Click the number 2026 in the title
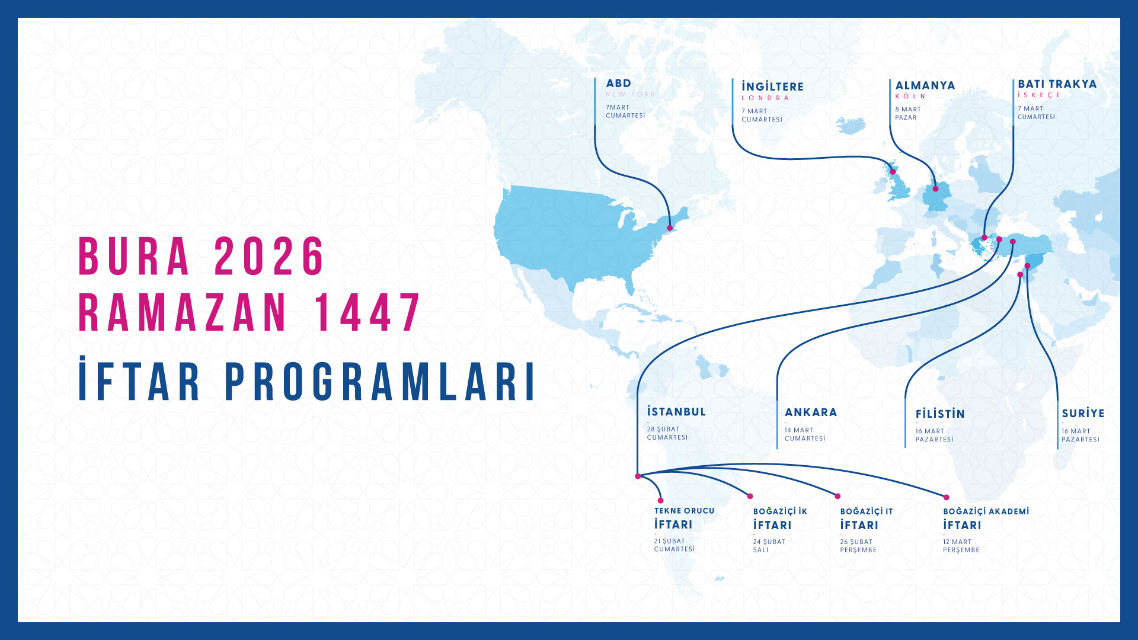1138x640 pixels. (x=269, y=257)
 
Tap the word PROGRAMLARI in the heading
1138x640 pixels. (x=381, y=382)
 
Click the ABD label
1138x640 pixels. (x=618, y=84)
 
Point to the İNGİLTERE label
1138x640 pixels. (x=772, y=87)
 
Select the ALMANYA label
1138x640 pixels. (x=925, y=86)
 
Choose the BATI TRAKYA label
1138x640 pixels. (x=1057, y=84)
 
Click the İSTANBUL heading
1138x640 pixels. (x=676, y=412)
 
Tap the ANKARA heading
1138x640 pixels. (x=811, y=412)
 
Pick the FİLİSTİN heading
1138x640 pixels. (x=940, y=414)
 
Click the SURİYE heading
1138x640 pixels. (x=1083, y=413)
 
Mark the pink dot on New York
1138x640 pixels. (x=670, y=228)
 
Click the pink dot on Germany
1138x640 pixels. (x=936, y=188)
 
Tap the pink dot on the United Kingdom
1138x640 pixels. (x=893, y=172)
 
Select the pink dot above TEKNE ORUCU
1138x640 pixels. (x=661, y=500)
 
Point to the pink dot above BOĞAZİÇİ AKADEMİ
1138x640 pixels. (x=947, y=497)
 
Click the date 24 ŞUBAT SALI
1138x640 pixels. (x=769, y=546)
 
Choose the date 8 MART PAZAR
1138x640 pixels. (x=908, y=113)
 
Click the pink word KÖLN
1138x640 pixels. (x=910, y=96)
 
